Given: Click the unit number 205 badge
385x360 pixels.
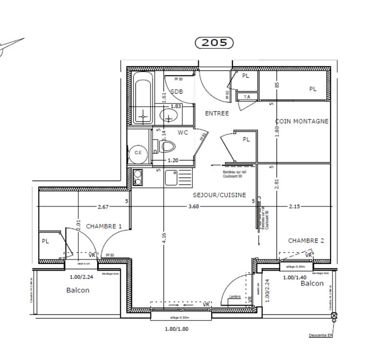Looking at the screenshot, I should pos(214,42).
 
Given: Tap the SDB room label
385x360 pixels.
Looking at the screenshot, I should pos(177,91).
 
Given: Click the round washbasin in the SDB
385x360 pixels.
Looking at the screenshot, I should pos(169,115).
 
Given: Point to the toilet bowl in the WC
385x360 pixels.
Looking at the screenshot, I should pos(167,146).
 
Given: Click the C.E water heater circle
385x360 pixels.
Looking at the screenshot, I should pos(138,153).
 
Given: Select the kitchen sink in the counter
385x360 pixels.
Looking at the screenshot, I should pos(172,177).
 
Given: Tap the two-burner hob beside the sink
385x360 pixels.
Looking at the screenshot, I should pos(138,177).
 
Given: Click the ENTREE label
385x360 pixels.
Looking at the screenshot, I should pos(217,113).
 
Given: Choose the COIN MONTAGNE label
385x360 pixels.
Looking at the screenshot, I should pos(302,121).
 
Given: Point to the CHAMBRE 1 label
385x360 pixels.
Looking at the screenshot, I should pos(103,226).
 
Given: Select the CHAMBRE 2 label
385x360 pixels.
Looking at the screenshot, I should pos(306,240).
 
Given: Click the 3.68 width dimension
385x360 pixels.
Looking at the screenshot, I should pos(193,207).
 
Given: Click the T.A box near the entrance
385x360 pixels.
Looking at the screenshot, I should pos(247,97).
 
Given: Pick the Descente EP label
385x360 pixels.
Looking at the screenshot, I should pos(321,335).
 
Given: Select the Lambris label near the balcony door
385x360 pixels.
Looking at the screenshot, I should pos(235,297).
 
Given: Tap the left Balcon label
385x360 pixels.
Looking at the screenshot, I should pos(77,290).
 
